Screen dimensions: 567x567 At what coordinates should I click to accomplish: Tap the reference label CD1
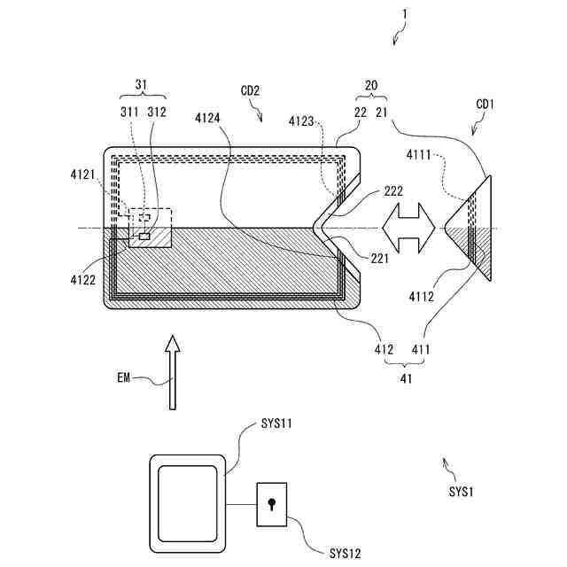(x=485, y=105)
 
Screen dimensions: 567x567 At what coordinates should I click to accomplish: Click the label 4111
(x=422, y=156)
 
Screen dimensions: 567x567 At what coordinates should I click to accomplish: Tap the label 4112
(x=420, y=297)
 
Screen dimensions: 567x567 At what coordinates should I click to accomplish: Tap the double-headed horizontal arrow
(x=408, y=228)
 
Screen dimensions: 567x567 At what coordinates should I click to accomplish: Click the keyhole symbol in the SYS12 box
(x=273, y=505)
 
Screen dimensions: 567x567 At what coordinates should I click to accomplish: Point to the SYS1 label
(x=462, y=490)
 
